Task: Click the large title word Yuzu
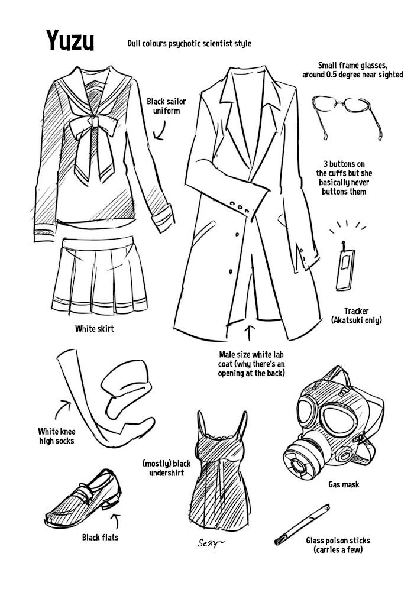70,41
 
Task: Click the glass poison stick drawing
302,525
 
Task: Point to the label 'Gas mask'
344,484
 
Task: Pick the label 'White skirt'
94,329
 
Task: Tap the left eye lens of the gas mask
309,414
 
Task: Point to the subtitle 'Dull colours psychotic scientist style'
189,44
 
